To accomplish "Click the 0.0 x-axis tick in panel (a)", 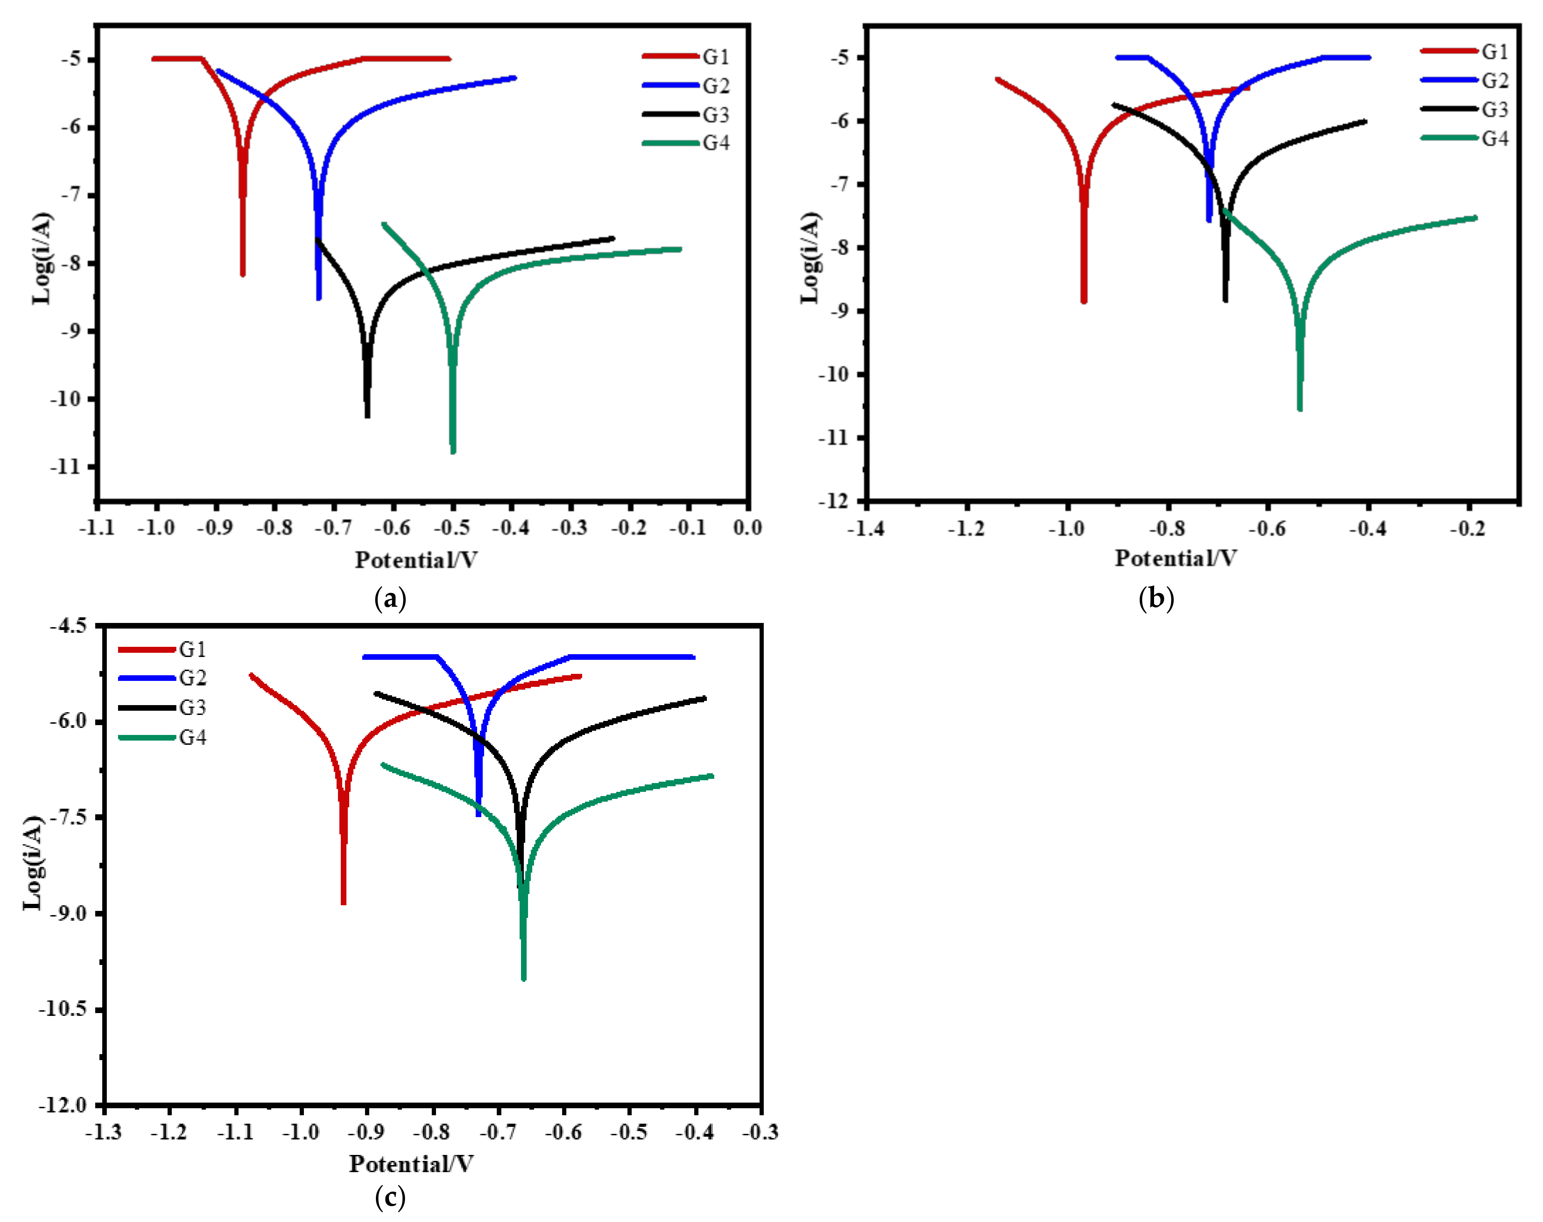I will (x=747, y=528).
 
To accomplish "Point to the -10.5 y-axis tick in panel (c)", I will (x=63, y=1009).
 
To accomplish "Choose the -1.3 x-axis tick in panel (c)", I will (x=104, y=1132).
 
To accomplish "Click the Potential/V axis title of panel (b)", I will (x=1175, y=558).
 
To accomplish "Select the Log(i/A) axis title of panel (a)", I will (x=41, y=257).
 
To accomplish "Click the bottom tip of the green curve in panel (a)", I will (x=453, y=452).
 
